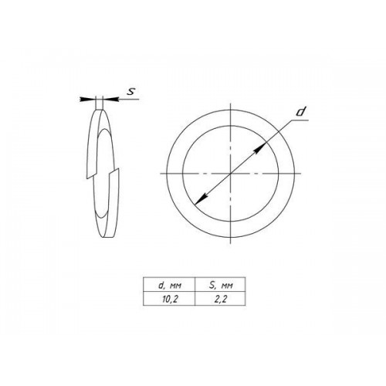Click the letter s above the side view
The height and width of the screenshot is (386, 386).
coord(131,91)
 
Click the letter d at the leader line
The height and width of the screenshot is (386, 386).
coord(300,112)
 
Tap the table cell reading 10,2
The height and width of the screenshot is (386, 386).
coord(169,299)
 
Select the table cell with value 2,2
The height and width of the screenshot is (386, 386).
coord(220,299)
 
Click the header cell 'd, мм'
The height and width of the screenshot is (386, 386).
coord(169,285)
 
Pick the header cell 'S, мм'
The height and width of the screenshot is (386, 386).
coord(220,285)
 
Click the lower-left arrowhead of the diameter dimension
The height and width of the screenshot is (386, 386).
coord(201,199)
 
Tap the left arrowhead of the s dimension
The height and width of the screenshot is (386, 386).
coord(87,99)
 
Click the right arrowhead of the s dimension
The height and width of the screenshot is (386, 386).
coord(110,99)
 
